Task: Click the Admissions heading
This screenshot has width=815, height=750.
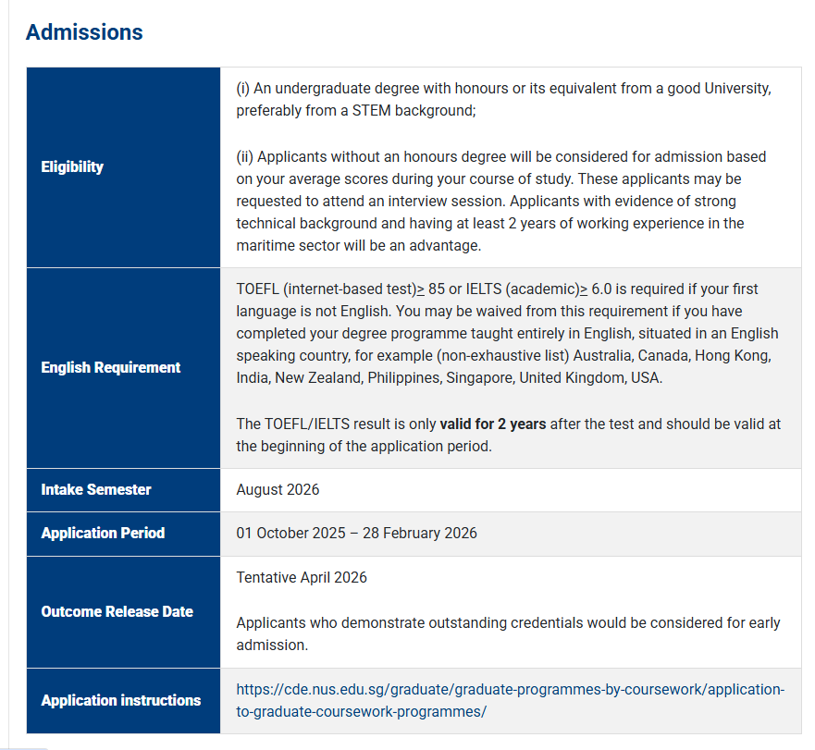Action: click(84, 32)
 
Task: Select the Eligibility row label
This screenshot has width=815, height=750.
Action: click(72, 167)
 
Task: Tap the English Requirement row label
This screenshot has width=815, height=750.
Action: click(111, 367)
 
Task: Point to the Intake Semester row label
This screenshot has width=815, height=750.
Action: click(96, 489)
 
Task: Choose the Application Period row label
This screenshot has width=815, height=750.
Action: click(103, 533)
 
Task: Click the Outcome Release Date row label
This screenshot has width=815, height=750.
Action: click(117, 611)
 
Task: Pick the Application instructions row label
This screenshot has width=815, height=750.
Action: click(121, 700)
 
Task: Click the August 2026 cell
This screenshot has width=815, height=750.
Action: click(278, 489)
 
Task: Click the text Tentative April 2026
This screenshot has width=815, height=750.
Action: click(302, 577)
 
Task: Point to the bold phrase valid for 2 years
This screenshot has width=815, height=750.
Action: click(493, 424)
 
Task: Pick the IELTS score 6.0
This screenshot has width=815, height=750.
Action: click(603, 289)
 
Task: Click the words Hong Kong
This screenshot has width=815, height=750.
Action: click(734, 356)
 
